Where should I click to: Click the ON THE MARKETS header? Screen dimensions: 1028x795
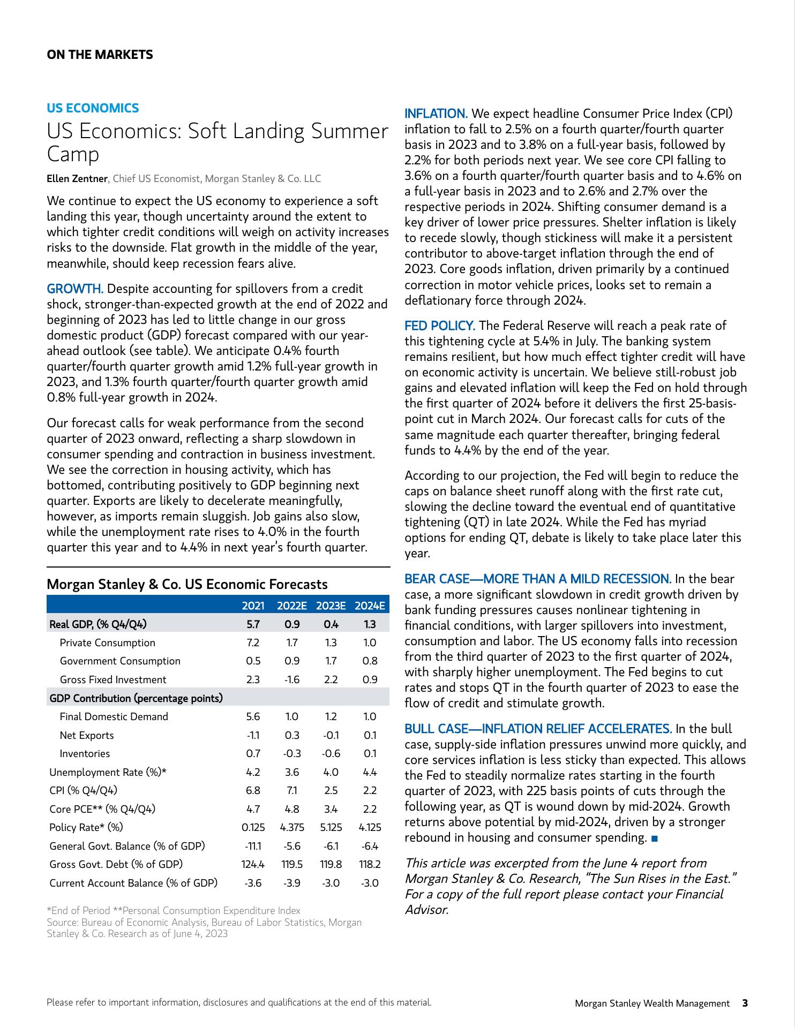click(100, 55)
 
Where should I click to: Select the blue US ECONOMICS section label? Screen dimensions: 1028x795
click(93, 108)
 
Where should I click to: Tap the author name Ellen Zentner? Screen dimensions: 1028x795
click(77, 179)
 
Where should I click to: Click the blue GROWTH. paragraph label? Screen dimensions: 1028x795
click(75, 289)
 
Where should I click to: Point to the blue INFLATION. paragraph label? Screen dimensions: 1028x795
click(436, 114)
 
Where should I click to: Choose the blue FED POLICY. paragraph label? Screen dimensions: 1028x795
click(439, 326)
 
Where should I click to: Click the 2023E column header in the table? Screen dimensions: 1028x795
click(331, 606)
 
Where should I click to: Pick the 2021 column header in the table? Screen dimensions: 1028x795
click(253, 606)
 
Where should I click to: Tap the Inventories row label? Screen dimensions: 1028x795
click(85, 753)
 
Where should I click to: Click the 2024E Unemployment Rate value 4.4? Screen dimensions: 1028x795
click(370, 772)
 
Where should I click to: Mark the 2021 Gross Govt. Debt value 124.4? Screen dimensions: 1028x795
click(253, 865)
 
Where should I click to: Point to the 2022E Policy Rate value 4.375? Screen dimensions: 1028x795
click(292, 827)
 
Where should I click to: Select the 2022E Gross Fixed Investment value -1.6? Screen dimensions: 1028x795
click(292, 679)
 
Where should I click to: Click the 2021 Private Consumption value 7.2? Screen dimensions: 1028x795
click(253, 642)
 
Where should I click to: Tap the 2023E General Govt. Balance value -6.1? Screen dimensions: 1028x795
click(331, 846)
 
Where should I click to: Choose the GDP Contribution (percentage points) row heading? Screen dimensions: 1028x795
click(136, 698)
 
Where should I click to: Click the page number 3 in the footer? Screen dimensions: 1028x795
click(745, 1003)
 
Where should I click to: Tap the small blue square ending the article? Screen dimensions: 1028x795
click(654, 838)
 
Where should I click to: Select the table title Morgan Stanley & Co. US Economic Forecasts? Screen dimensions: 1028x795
click(187, 584)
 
